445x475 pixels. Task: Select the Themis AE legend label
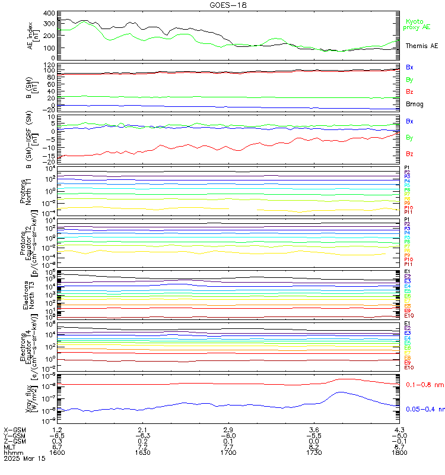point(421,46)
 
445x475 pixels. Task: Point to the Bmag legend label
point(414,104)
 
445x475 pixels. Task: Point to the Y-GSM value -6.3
point(141,435)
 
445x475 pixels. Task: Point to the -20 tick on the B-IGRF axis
point(47,161)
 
